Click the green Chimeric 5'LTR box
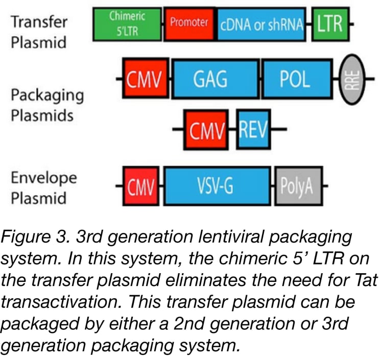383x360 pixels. (128, 24)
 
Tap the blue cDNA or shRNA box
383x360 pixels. (262, 24)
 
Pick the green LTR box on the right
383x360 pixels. (330, 24)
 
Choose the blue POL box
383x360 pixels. (295, 79)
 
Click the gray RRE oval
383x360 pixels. (353, 79)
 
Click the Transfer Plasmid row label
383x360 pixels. (39, 32)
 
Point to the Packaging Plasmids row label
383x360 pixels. (47, 106)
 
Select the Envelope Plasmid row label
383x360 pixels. (44, 187)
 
